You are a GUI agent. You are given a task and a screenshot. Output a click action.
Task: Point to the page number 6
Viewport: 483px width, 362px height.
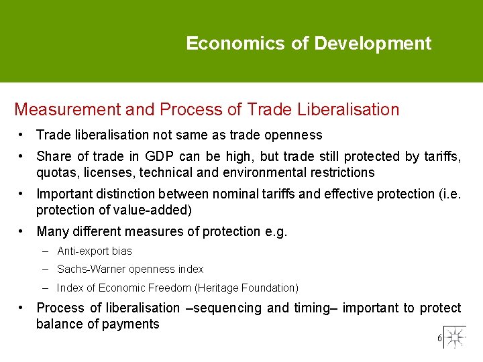(x=439, y=339)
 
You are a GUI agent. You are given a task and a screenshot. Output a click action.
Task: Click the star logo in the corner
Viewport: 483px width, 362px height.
(x=455, y=337)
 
